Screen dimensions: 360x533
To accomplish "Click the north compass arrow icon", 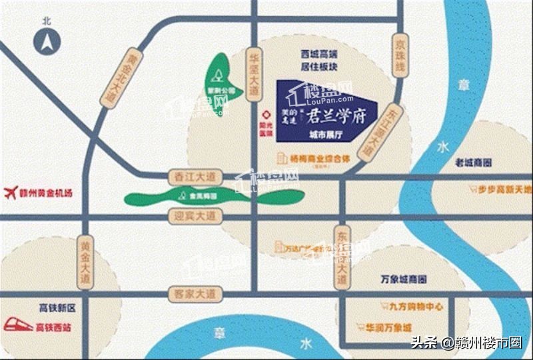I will pyautogui.click(x=47, y=43).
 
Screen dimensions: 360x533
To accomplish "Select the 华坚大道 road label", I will pyautogui.click(x=253, y=73).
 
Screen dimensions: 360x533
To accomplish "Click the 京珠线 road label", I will pyautogui.click(x=400, y=55).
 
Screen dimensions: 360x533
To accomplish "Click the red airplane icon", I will pyautogui.click(x=11, y=193).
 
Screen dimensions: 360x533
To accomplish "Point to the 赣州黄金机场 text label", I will pyautogui.click(x=47, y=193).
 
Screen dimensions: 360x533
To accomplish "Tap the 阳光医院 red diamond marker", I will pyautogui.click(x=266, y=114).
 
